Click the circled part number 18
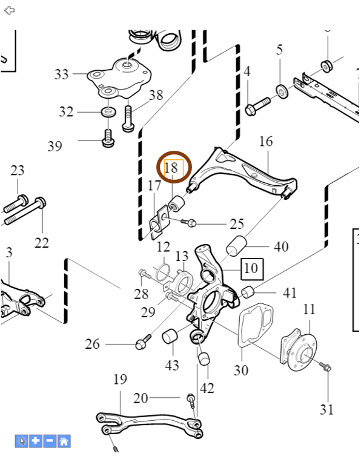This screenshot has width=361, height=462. pos(171,168)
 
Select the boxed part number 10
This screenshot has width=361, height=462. pos(252,269)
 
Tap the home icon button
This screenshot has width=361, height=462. pos(64,441)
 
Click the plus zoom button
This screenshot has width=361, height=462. pos(36,441)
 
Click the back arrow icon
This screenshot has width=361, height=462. pos(10,11)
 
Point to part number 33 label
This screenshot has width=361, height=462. pos(62,74)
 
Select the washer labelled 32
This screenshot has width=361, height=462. pos(108,112)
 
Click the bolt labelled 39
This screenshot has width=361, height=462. pos(108,139)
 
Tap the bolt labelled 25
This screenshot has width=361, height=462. pos(188,222)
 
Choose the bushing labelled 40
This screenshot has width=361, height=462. pos(236,246)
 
